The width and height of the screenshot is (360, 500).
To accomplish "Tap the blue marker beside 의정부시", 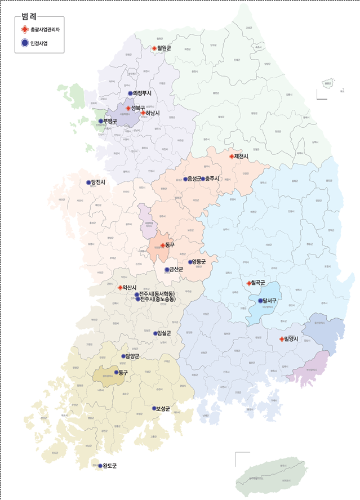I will click(x=130, y=93).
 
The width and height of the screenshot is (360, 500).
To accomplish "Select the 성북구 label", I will click(x=138, y=108).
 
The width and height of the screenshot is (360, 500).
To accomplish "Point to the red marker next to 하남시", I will click(x=143, y=113).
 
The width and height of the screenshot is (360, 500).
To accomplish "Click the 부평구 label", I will click(x=110, y=120).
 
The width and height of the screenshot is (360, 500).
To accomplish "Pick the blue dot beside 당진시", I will click(x=88, y=182).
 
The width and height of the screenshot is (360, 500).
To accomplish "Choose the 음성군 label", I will click(x=194, y=178).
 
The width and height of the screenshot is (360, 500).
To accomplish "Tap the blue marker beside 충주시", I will click(x=203, y=178).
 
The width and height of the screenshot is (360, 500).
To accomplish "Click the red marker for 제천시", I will click(x=232, y=156).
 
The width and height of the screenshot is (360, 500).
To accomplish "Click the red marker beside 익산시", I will click(x=121, y=287).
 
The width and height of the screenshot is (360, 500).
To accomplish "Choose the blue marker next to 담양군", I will click(x=124, y=356).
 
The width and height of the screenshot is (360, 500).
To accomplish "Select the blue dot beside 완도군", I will click(x=100, y=466).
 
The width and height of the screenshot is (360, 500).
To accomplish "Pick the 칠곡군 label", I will click(x=259, y=283).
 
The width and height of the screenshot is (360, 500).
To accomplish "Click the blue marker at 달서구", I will click(x=260, y=301).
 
